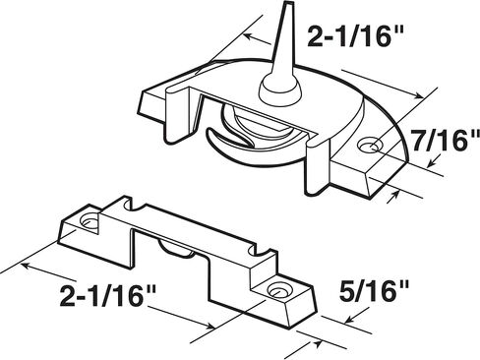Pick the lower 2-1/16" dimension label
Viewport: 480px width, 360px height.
[107, 295]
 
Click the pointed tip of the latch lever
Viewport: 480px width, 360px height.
[289, 4]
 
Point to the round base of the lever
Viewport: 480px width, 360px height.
[280, 90]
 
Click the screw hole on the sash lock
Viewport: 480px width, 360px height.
[371, 145]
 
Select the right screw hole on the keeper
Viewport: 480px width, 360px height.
[277, 291]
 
